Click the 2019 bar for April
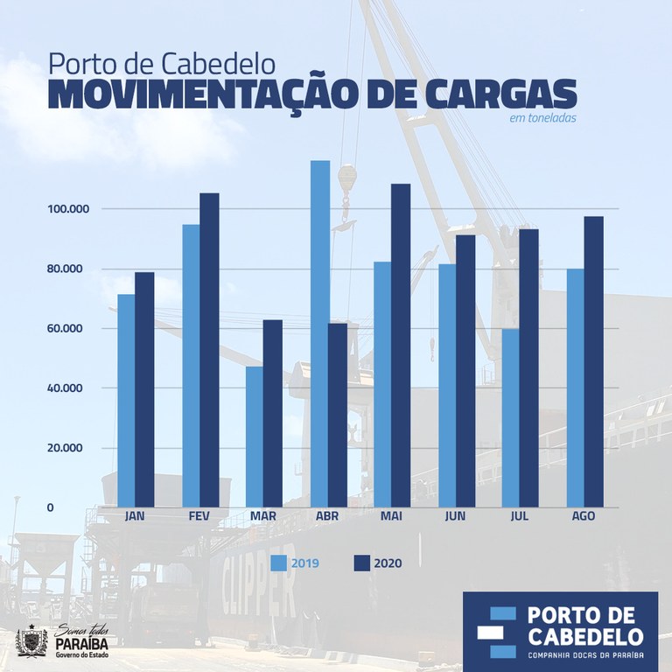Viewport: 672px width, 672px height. click(320, 333)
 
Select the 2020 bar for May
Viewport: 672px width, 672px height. click(401, 346)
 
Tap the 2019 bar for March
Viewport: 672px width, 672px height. click(255, 437)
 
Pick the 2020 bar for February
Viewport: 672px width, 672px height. click(209, 350)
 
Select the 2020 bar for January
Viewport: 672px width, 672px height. click(144, 390)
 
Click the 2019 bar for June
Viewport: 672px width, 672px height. click(447, 385)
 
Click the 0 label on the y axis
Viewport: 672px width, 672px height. click(50, 507)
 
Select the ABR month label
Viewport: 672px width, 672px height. click(327, 516)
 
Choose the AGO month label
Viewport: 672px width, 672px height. click(583, 516)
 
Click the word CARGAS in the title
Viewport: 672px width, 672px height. click(493, 95)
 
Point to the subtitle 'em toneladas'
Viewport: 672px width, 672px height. click(542, 118)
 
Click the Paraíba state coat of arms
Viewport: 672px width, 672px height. click(31, 640)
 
